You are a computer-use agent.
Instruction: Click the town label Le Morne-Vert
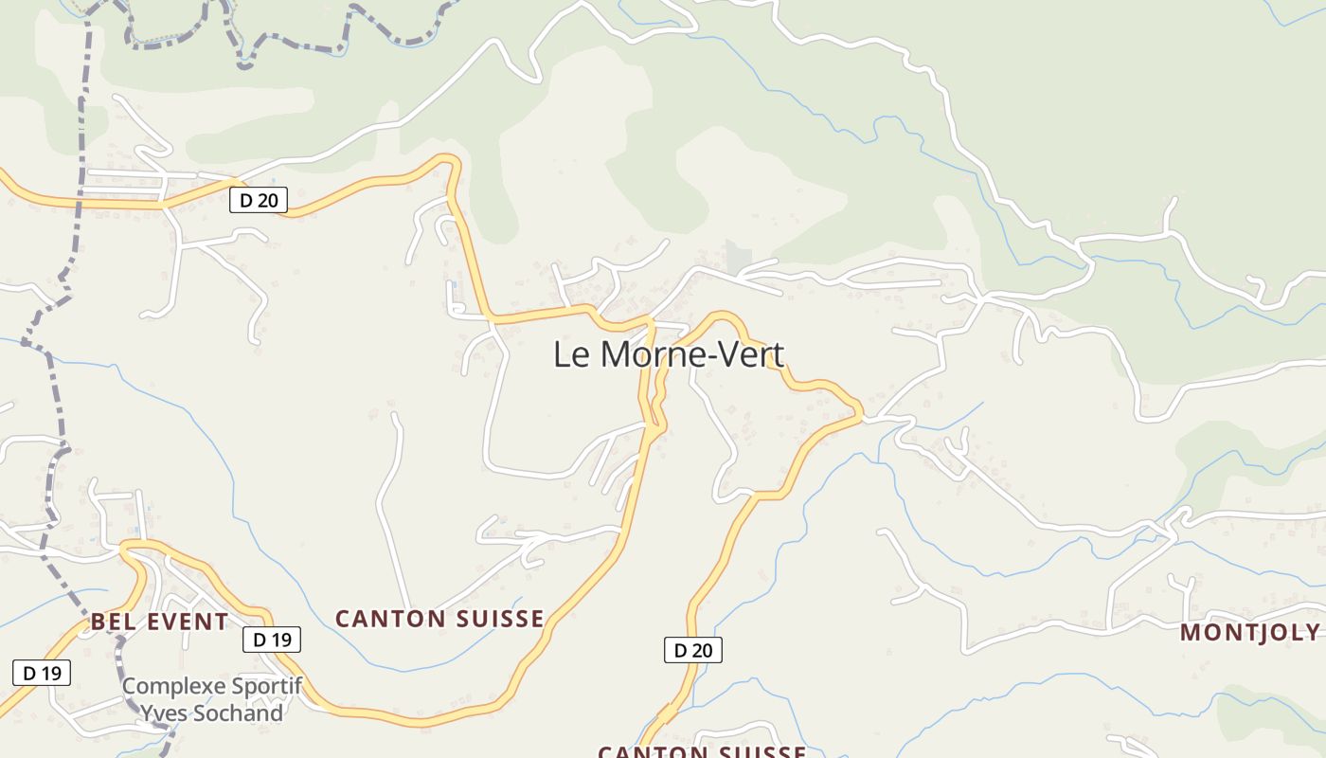point(669,355)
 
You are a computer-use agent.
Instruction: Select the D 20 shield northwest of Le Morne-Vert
point(258,200)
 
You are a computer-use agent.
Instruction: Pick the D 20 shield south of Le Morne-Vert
point(692,650)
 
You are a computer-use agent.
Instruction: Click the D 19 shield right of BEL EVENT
point(273,640)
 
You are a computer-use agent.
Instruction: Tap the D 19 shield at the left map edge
point(41,673)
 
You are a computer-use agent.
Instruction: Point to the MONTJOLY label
point(1249,633)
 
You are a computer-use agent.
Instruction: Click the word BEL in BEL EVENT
point(110,623)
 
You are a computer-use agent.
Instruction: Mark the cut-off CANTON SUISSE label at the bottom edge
point(702,751)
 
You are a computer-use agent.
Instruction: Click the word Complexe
point(174,685)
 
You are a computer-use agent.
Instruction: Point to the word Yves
point(162,713)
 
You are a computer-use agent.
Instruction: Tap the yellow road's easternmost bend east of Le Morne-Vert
point(859,412)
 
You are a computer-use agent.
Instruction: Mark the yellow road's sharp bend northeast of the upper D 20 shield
point(452,161)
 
